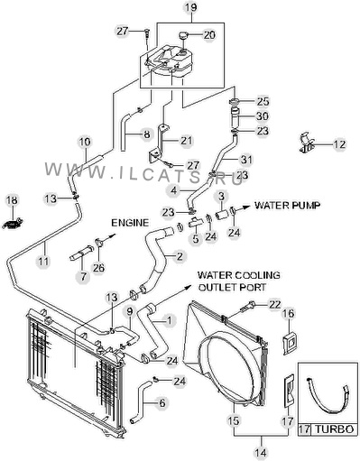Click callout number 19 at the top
point(190,7)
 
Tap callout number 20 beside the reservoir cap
point(209,35)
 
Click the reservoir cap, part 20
point(184,35)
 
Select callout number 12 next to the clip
point(339,144)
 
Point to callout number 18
point(13,200)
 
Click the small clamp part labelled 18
point(12,224)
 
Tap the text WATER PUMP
point(287,205)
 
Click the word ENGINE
point(130,223)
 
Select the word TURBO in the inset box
point(334,429)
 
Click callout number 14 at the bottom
point(261,452)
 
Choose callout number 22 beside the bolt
point(274,305)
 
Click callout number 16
point(288,314)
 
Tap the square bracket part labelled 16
point(290,343)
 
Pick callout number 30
point(263,116)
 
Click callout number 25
point(263,102)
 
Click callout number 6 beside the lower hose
point(162,402)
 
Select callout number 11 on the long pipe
point(43,261)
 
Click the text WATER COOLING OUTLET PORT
point(239,281)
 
